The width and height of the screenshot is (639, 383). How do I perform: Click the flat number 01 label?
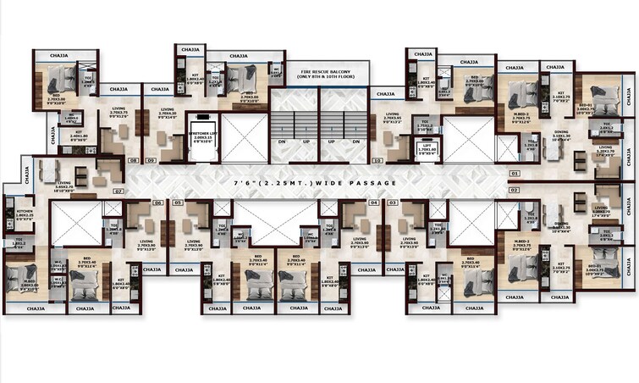click(x=514, y=173)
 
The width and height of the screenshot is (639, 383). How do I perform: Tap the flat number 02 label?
click(x=514, y=191)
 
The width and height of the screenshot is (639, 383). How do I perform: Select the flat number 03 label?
click(x=393, y=203)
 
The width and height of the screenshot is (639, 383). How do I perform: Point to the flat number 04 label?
click(x=373, y=203)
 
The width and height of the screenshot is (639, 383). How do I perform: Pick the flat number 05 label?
click(x=178, y=203)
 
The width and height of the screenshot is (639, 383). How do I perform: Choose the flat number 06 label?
click(x=157, y=203)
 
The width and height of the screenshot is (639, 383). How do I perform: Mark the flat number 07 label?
click(x=118, y=191)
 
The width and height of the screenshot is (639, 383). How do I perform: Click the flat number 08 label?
click(x=133, y=159)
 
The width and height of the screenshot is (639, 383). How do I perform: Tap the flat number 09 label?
click(x=151, y=159)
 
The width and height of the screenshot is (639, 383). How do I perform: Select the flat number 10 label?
click(x=377, y=159)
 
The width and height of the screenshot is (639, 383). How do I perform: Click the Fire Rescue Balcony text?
click(x=319, y=73)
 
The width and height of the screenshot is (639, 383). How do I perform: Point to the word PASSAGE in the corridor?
click(x=372, y=182)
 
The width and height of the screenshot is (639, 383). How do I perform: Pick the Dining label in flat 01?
click(x=561, y=131)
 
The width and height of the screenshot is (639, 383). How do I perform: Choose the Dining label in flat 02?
click(x=561, y=224)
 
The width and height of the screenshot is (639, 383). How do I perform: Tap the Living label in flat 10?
click(x=392, y=114)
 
